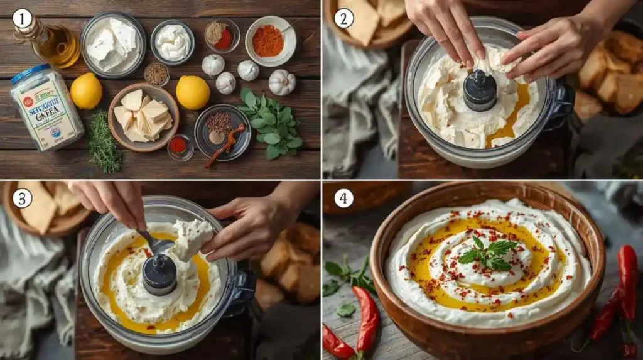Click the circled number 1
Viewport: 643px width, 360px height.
tap(22, 18)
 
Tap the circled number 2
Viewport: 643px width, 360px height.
tap(343, 18)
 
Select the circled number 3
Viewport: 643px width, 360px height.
tap(22, 198)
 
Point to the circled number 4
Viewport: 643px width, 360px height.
tap(343, 198)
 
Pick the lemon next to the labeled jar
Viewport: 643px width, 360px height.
tap(86, 91)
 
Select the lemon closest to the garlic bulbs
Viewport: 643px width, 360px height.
tap(193, 92)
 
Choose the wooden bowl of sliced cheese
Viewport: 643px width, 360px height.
tap(143, 117)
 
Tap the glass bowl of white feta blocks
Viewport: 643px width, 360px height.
tap(112, 44)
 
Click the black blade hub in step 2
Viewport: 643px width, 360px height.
tap(480, 91)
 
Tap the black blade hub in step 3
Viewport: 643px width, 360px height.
tap(159, 274)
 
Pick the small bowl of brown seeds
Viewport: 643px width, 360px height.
tap(156, 74)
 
